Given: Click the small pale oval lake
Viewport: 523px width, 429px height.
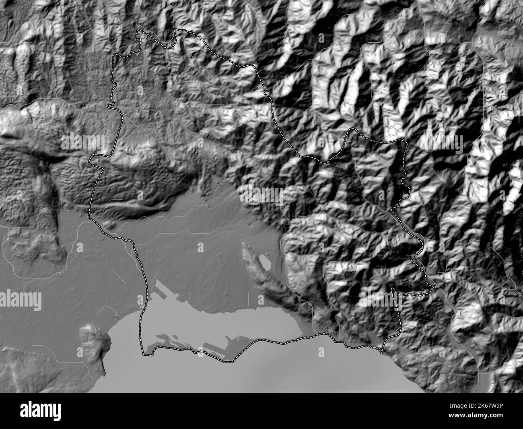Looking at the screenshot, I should click(x=265, y=261).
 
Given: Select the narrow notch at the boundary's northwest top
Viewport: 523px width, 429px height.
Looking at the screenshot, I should click(x=139, y=34).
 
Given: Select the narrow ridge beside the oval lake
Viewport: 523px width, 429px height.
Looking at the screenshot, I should click(x=251, y=258).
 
